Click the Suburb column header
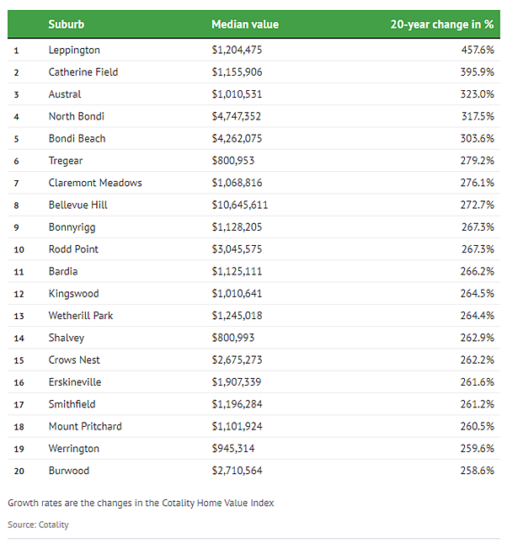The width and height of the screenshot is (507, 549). (x=67, y=24)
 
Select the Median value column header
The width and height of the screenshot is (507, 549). (x=245, y=24)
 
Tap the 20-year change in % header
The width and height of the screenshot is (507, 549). (x=442, y=24)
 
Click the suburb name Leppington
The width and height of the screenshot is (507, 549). (x=74, y=50)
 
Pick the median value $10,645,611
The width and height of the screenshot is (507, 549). (x=240, y=205)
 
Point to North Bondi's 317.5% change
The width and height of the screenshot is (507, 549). (x=478, y=116)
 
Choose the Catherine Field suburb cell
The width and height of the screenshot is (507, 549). (x=83, y=72)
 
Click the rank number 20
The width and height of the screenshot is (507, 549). (x=19, y=471)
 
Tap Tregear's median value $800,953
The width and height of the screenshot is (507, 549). (x=233, y=161)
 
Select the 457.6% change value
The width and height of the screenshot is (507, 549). (x=478, y=50)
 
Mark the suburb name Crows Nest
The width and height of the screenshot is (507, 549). (x=74, y=360)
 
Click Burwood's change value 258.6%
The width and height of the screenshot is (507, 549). (x=478, y=471)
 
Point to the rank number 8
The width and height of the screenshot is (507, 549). (x=17, y=205)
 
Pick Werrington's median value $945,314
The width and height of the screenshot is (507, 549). (x=233, y=449)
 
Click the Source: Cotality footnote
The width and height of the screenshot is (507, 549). (x=38, y=525)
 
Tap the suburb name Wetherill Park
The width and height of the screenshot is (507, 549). (x=81, y=316)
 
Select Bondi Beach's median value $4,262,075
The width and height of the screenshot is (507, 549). (x=237, y=139)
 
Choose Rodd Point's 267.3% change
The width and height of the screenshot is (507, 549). (x=478, y=249)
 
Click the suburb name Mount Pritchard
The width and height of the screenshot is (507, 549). (x=85, y=426)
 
